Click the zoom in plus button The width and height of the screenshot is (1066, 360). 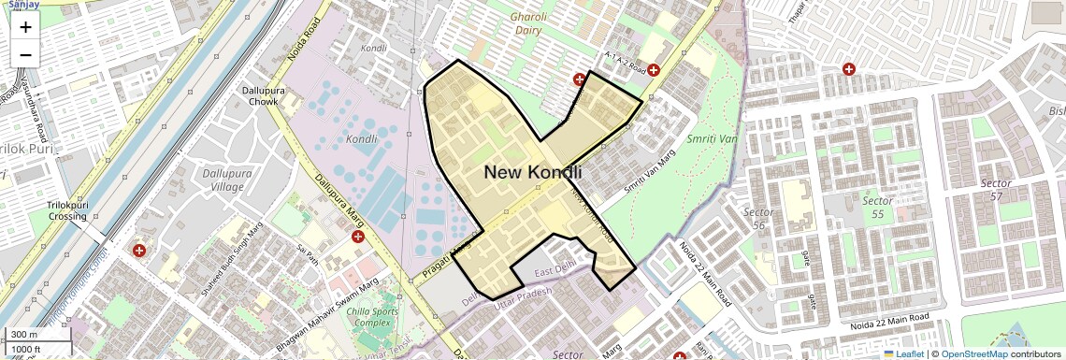(x=25, y=27)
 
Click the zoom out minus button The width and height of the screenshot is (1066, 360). (x=25, y=55)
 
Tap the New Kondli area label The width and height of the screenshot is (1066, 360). (x=532, y=173)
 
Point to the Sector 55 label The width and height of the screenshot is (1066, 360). (x=877, y=208)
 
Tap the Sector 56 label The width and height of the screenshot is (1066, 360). (x=758, y=219)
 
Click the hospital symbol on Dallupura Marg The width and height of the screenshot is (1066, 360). (x=357, y=239)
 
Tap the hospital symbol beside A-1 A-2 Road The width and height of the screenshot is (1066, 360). (x=654, y=69)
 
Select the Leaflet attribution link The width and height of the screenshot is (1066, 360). (x=905, y=353)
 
